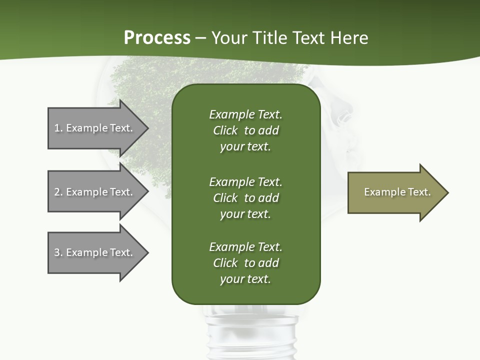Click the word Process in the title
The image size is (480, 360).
coord(157,37)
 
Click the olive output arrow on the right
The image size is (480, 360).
coord(395,192)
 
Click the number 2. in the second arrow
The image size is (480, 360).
coord(58,192)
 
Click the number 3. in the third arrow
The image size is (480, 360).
coord(58,252)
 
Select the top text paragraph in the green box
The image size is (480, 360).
coord(245,130)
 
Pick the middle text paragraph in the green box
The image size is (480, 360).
coord(245,198)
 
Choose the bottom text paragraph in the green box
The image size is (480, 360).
coord(245,263)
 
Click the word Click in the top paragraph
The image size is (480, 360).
coord(225,130)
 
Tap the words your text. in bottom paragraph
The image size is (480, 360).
coord(245,279)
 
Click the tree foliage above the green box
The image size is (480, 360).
coord(210,72)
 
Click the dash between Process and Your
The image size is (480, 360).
coord(200,38)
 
